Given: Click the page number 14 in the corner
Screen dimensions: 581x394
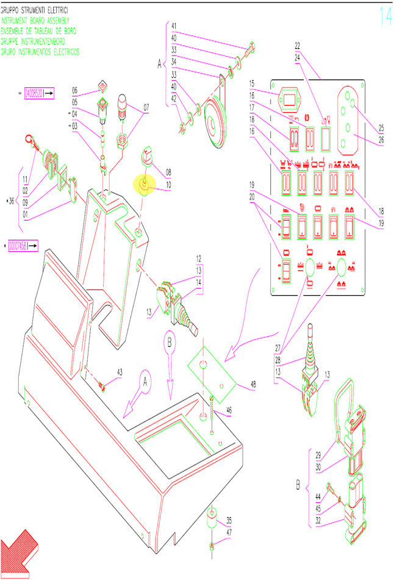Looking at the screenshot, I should click(385, 16).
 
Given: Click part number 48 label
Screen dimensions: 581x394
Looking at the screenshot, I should click(254, 385).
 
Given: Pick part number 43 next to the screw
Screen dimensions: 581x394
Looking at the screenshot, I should click(120, 371).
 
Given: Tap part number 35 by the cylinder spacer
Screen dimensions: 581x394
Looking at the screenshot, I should click(229, 520).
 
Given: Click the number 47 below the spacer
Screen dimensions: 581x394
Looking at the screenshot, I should click(229, 532).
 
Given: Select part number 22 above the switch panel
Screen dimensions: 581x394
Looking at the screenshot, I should click(297, 46).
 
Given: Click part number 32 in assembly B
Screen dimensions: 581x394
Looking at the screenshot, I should click(318, 521).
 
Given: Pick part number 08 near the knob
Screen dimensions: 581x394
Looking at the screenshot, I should click(169, 173).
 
